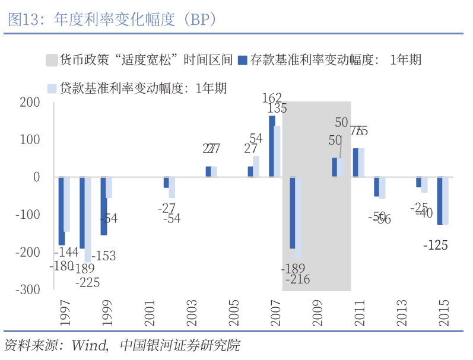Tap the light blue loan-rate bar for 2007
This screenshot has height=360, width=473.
tap(278, 151)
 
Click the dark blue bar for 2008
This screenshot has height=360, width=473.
tap(293, 212)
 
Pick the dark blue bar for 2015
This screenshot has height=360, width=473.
tap(440, 200)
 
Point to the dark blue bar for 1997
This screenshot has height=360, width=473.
tap(61, 211)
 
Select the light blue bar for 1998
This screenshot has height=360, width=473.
tap(88, 219)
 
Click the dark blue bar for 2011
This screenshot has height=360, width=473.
tap(355, 163)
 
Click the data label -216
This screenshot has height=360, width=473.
tap(297, 279)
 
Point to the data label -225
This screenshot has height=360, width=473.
tap(88, 282)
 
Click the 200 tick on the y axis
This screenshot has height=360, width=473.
tap(29, 102)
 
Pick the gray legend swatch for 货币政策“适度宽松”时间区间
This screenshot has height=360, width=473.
tap(52, 60)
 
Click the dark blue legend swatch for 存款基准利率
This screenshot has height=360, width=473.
tap(243, 60)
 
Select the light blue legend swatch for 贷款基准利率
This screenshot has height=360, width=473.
tap(52, 89)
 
